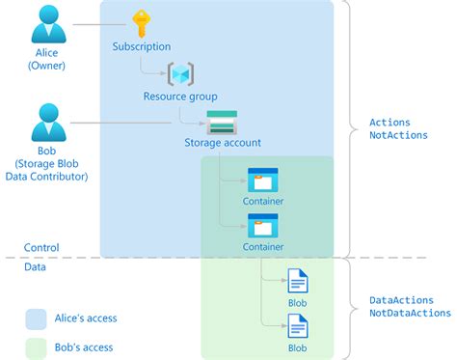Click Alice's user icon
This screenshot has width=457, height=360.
[x=46, y=26]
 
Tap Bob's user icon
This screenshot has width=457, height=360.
[x=46, y=123]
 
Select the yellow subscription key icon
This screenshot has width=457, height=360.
[x=142, y=24]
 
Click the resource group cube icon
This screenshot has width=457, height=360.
[x=180, y=74]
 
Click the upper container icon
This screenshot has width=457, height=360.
[x=262, y=180]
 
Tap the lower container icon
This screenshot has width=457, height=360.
[x=262, y=226]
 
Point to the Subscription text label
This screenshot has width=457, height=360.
[x=142, y=46]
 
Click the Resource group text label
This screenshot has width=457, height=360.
[x=180, y=97]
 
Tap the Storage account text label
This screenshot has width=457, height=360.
[x=222, y=144]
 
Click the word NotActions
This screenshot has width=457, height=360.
[x=398, y=135]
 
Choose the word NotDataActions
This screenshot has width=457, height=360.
[x=411, y=313]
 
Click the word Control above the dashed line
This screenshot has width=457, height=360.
[x=41, y=248]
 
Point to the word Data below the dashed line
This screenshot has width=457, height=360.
[x=35, y=267]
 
